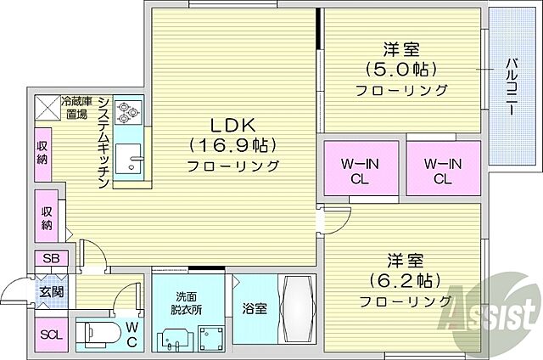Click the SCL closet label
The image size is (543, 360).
pos(50,332)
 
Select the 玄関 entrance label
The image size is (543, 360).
pos(49,292)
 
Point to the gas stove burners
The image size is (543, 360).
pos(132,109)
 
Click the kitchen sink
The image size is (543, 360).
pos(132,159)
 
